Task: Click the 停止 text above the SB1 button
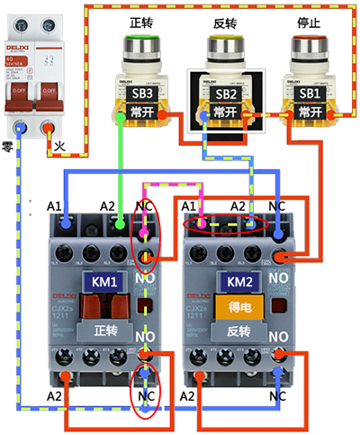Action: pyautogui.click(x=309, y=21)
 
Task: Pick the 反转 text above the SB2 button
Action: pyautogui.click(x=224, y=21)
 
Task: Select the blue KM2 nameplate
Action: pyautogui.click(x=237, y=282)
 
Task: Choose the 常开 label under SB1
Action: pyautogui.click(x=309, y=112)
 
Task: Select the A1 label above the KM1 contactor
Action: pyautogui.click(x=55, y=206)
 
